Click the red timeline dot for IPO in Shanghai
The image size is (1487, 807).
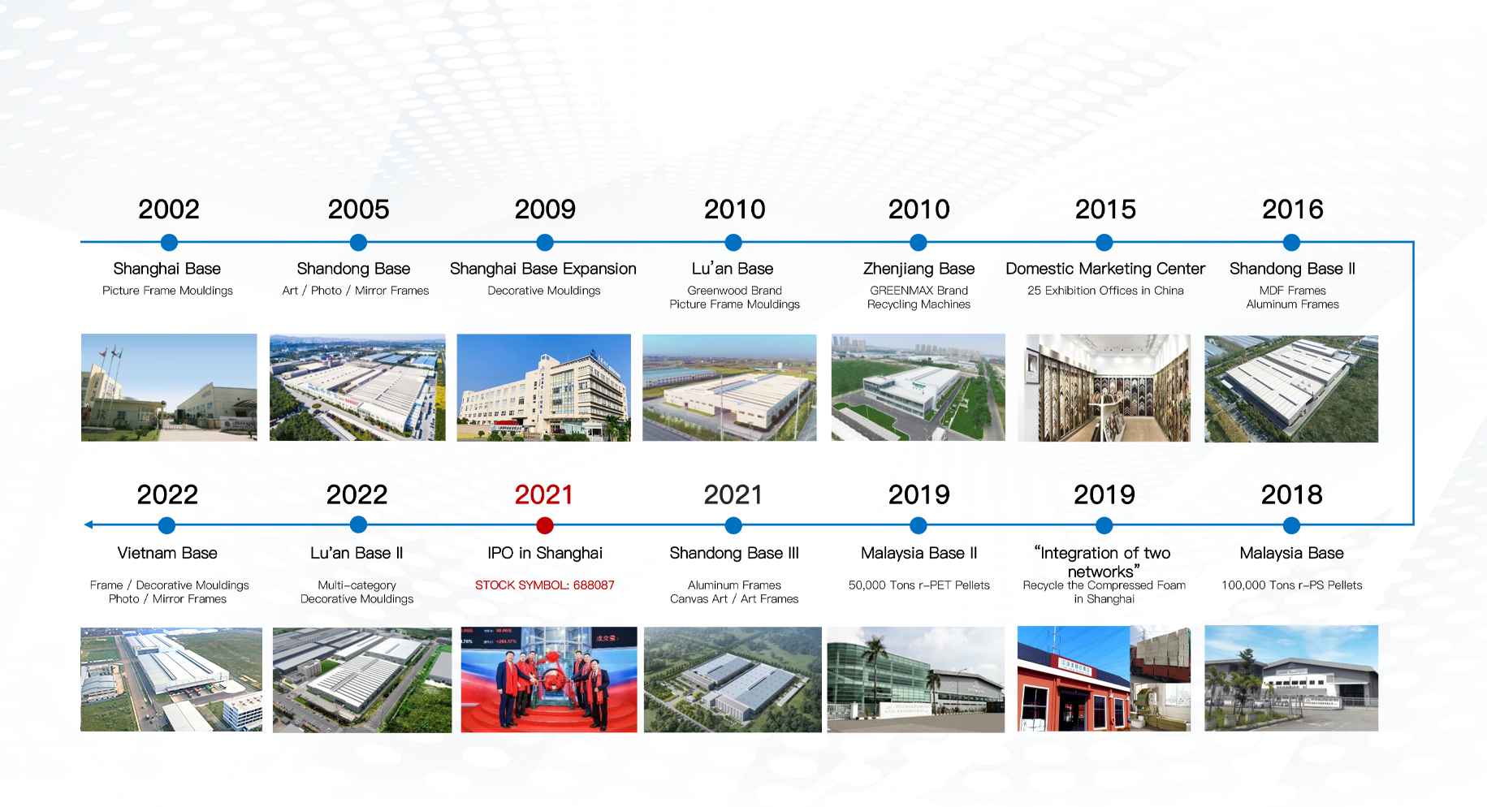tap(545, 525)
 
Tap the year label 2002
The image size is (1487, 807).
tap(169, 209)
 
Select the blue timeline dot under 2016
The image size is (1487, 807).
tap(1291, 242)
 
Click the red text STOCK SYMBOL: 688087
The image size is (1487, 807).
tap(545, 585)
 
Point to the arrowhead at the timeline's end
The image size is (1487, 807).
tap(89, 525)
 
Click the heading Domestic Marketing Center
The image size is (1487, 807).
tap(1105, 269)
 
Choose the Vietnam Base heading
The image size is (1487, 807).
tap(167, 553)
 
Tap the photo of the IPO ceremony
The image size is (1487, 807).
tap(549, 680)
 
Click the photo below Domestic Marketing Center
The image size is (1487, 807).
tap(1104, 388)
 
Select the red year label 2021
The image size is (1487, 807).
tap(544, 494)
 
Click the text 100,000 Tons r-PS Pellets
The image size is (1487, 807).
tap(1292, 585)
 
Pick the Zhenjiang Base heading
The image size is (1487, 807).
tap(919, 269)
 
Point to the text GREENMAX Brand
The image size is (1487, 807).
tap(919, 290)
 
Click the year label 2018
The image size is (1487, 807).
tap(1291, 494)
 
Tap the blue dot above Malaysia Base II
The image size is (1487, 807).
tap(919, 525)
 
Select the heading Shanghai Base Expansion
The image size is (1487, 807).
tap(543, 269)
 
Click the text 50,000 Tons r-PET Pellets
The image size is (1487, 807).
tap(919, 585)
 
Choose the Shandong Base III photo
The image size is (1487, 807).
tap(733, 680)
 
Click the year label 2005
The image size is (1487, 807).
tap(358, 209)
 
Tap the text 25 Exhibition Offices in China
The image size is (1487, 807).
tap(1105, 290)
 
